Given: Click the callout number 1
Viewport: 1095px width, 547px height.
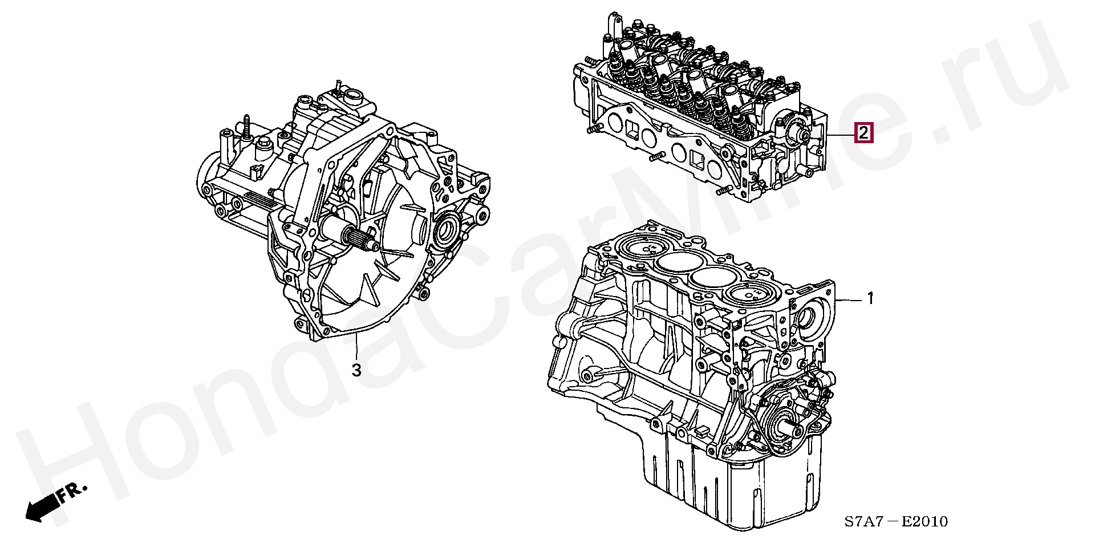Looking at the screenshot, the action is pos(870,298).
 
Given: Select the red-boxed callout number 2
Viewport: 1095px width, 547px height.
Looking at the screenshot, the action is pos(863,134).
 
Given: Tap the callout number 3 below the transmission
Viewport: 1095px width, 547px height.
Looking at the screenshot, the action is pos(356,370).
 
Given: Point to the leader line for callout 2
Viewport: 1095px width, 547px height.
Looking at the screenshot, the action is pos(841,135).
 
